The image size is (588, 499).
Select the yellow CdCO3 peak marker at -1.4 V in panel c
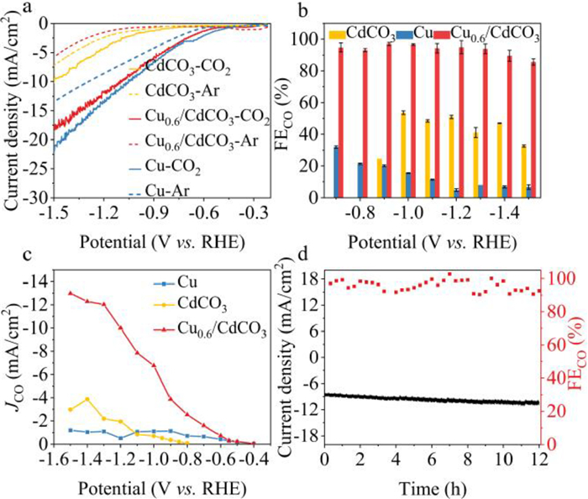87,399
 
